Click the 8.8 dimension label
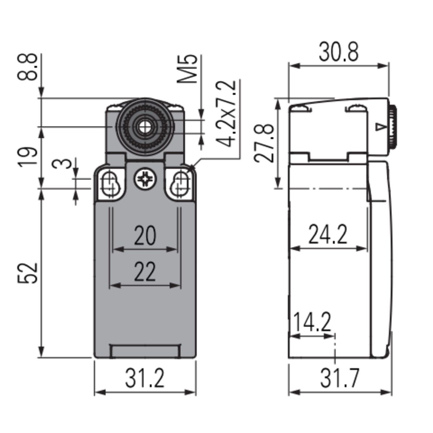click(27, 67)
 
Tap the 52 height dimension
click(27, 273)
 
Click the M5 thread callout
click(187, 69)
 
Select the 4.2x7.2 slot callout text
click(226, 114)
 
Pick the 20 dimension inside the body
click(145, 236)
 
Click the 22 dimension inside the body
click(145, 272)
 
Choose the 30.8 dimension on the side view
click(338, 52)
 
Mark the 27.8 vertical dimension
click(264, 143)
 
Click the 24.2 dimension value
click(328, 235)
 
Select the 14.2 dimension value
click(312, 322)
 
